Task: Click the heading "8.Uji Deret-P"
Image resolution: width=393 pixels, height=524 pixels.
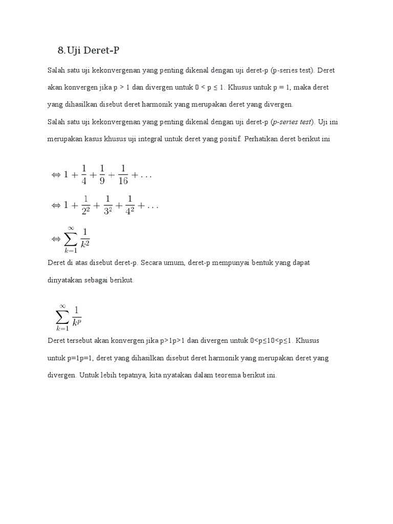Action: click(91, 50)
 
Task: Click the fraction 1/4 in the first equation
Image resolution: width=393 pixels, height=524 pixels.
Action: click(83, 175)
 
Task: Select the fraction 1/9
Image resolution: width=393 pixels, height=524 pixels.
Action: click(102, 175)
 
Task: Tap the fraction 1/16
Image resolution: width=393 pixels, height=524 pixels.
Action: click(123, 175)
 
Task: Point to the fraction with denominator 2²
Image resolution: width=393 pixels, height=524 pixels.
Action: click(86, 205)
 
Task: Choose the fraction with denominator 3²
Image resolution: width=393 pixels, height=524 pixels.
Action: click(108, 205)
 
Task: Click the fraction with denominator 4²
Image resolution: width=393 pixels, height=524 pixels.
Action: click(129, 205)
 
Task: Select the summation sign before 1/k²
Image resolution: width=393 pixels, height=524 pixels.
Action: click(70, 239)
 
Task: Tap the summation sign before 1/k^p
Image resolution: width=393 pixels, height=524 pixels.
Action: click(62, 317)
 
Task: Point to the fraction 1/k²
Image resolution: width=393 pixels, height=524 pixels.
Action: click(85, 238)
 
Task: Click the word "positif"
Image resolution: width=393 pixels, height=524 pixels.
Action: click(229, 139)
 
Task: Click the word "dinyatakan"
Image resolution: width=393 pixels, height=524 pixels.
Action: click(64, 280)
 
